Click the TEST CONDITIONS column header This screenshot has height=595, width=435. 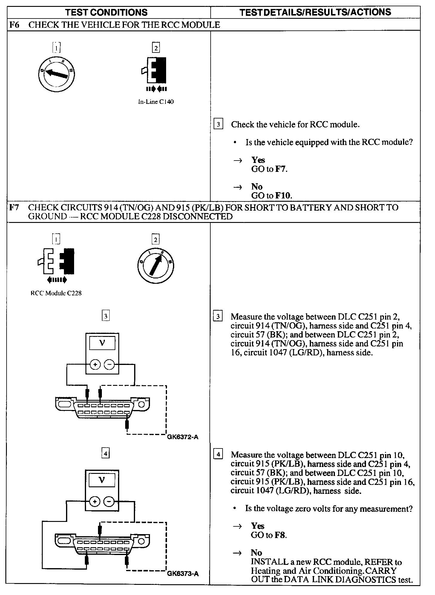(106, 12)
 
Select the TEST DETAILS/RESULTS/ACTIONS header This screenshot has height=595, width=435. (315, 12)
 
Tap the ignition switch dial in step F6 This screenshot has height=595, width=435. (57, 73)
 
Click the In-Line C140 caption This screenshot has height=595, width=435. (156, 102)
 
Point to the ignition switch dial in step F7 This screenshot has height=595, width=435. (155, 265)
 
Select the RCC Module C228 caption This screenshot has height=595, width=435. (56, 293)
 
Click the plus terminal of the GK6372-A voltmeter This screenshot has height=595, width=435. (95, 364)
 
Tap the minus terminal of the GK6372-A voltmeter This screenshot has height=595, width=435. (109, 364)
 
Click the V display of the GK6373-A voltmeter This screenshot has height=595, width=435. (102, 480)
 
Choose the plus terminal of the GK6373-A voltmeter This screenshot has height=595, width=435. (95, 502)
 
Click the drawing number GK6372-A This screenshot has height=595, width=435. (183, 437)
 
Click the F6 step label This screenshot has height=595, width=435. (14, 25)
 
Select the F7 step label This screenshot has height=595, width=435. (14, 207)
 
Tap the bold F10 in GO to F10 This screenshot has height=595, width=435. (283, 196)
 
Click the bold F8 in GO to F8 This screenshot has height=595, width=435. (280, 535)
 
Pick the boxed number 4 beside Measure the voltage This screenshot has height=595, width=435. (218, 454)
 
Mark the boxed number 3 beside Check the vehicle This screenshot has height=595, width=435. (218, 124)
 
